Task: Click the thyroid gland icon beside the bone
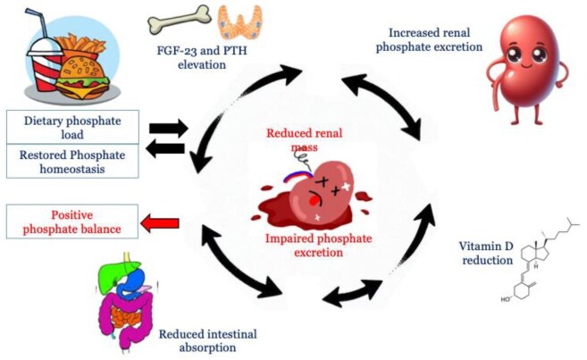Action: coord(235,21)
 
